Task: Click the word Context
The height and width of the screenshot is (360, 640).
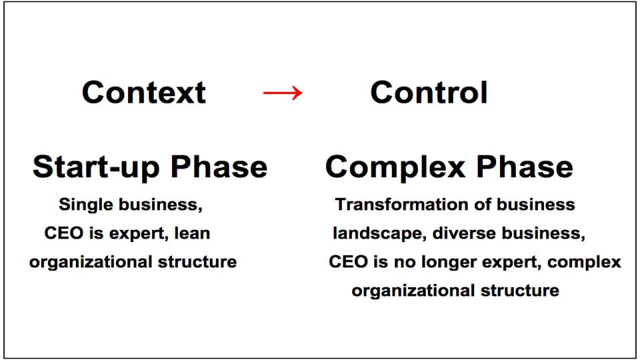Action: click(144, 92)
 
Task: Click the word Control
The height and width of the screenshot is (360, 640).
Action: click(429, 92)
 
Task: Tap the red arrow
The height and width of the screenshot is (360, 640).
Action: click(283, 93)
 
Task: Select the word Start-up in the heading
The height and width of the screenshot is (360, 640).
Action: click(96, 167)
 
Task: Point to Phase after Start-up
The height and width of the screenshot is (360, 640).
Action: click(219, 167)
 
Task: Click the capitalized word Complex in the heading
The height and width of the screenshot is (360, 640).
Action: click(395, 167)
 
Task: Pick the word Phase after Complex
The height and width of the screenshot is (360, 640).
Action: click(525, 167)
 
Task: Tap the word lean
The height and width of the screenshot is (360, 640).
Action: click(192, 233)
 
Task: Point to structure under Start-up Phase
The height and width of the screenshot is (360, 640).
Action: click(197, 262)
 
